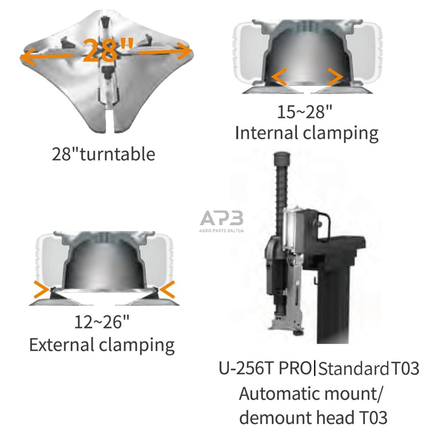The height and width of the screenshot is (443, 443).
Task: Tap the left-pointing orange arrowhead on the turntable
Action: [27, 57]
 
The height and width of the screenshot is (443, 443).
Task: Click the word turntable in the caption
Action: [118, 154]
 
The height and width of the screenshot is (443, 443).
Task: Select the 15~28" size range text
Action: [304, 111]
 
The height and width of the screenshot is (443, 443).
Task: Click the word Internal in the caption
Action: [266, 133]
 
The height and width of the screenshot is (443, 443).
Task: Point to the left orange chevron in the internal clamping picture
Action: [279, 76]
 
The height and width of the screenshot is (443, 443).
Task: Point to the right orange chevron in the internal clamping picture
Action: [335, 76]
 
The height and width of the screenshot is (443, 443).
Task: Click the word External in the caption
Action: [62, 345]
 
